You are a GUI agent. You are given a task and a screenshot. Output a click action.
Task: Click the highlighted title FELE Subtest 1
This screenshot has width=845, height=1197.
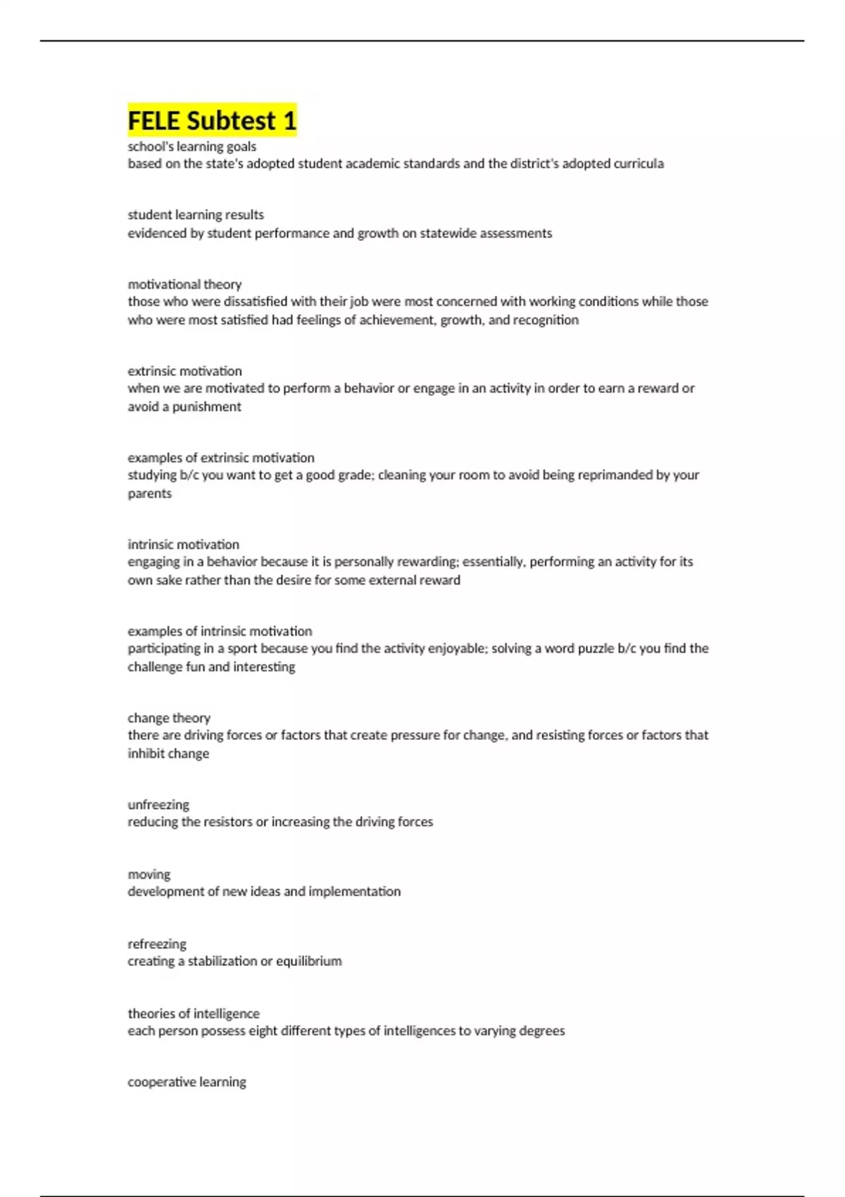pyautogui.click(x=212, y=120)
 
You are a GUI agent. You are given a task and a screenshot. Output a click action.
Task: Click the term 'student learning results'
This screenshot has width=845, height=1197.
pyautogui.click(x=196, y=215)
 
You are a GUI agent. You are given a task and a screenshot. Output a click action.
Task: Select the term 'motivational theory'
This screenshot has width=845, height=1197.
pyautogui.click(x=184, y=284)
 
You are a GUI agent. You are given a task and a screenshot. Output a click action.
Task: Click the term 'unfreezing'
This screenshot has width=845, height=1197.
pyautogui.click(x=158, y=805)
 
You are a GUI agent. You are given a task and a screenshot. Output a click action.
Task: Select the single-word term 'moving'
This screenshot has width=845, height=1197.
pyautogui.click(x=149, y=875)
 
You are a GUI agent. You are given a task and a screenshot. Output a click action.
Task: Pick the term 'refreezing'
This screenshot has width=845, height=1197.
pyautogui.click(x=157, y=944)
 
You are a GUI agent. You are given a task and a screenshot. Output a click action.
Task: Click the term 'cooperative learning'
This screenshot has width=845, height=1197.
pyautogui.click(x=187, y=1082)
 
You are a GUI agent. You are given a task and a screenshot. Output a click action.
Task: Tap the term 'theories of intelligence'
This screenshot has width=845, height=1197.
pyautogui.click(x=194, y=1014)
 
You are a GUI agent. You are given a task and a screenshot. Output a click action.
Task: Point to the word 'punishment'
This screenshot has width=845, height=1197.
pyautogui.click(x=211, y=407)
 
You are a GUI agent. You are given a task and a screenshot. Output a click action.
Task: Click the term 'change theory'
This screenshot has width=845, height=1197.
pyautogui.click(x=169, y=718)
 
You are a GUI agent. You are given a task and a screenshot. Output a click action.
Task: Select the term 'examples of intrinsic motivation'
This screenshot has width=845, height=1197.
pyautogui.click(x=220, y=632)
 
